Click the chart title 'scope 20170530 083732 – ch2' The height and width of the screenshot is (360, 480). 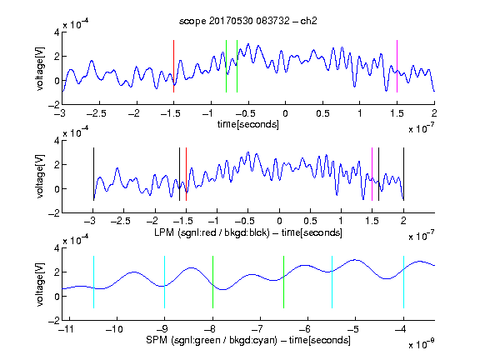248,21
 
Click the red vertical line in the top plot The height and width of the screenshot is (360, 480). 173,66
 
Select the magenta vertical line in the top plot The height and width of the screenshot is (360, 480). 397,66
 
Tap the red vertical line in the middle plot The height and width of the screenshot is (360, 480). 186,174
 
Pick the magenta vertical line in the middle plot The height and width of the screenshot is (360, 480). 372,174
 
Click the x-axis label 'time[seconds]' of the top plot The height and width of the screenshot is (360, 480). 248,124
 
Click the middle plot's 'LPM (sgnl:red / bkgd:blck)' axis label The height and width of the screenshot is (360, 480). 212,232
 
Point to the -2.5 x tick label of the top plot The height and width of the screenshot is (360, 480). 97,113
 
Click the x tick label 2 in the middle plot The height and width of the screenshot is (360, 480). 403,221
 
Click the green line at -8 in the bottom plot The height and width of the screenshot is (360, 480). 212,282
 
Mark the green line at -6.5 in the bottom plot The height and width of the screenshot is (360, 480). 284,282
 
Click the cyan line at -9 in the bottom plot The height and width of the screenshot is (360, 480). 164,282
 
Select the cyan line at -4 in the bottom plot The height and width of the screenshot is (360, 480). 403,282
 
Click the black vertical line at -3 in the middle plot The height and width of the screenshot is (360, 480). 93,174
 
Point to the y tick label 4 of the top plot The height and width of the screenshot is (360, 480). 57,32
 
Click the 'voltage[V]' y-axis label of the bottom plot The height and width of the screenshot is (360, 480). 40,285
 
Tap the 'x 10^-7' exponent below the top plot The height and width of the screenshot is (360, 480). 422,128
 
